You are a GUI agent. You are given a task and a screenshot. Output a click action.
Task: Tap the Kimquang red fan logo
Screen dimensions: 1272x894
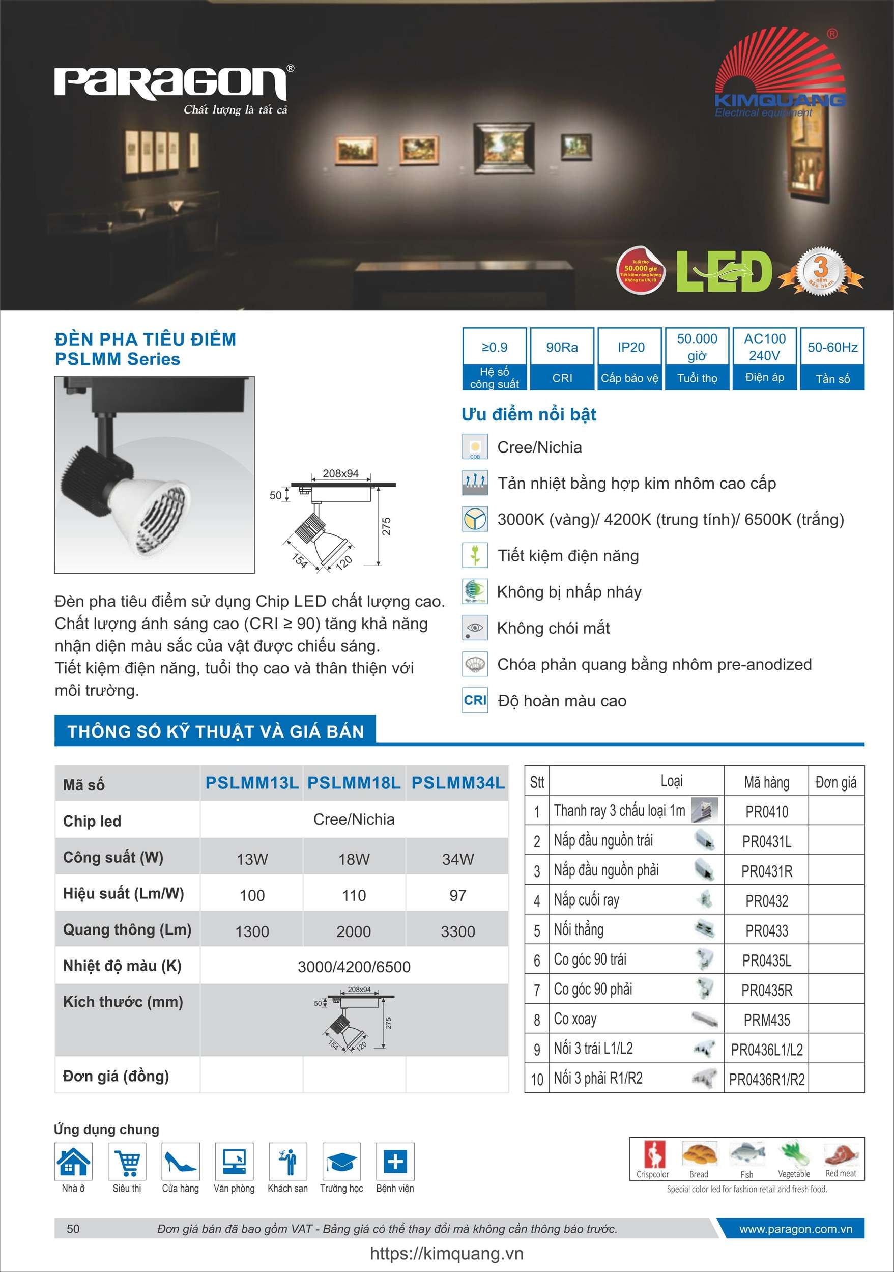pos(780,67)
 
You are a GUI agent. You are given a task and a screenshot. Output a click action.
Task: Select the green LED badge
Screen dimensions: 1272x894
pos(724,271)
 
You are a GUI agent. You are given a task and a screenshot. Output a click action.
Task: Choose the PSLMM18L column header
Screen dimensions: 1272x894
pos(354,783)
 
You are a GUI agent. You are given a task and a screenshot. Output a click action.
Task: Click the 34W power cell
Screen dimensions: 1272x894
pos(457,859)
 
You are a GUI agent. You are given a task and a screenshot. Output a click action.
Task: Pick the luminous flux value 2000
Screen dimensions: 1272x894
pos(354,931)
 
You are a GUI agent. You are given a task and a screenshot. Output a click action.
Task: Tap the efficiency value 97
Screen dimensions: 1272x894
pos(457,895)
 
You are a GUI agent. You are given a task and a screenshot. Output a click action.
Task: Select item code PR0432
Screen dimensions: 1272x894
pos(767,901)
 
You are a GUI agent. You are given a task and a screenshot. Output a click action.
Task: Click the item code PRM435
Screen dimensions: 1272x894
pos(767,1020)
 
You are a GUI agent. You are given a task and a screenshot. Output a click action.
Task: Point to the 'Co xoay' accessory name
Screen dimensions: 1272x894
pos(575,1019)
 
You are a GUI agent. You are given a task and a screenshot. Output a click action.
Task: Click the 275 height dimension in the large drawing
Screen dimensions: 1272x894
pos(387,526)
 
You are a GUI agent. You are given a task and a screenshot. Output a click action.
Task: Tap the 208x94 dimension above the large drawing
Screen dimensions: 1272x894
pos(340,474)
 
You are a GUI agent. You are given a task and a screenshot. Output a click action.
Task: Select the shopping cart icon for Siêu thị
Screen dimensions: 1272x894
pos(127,1161)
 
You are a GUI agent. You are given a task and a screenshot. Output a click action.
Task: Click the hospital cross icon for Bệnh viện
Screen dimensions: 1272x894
pos(395,1161)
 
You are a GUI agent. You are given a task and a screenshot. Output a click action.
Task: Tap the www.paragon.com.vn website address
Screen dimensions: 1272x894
pos(795,1229)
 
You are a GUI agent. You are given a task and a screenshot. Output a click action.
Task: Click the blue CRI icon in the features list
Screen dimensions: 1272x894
pos(475,700)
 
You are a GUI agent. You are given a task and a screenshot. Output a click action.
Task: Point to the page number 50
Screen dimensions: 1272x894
pos(73,1229)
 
